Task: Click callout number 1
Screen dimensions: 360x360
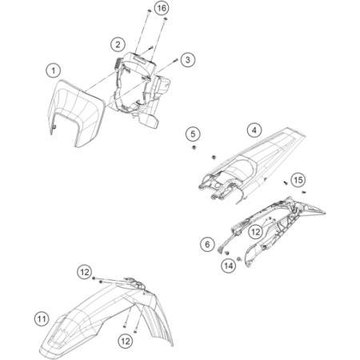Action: [54, 70]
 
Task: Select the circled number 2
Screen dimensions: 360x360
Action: [118, 44]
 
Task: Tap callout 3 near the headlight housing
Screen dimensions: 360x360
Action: [188, 60]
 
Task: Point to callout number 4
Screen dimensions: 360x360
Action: [254, 130]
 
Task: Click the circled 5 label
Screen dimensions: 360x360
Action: [193, 134]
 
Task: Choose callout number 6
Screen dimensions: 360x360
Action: [207, 244]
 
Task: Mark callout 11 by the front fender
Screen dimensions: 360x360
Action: [42, 319]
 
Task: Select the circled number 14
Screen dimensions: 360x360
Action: [229, 266]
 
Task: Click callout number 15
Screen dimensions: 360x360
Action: [298, 180]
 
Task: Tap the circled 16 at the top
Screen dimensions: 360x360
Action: [162, 8]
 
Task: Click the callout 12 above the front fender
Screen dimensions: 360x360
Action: [85, 272]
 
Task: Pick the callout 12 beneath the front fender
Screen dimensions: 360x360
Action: [126, 341]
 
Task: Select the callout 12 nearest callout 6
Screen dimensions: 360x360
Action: [255, 232]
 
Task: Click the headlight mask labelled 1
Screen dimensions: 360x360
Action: [76, 114]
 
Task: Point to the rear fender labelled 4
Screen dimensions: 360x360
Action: [252, 166]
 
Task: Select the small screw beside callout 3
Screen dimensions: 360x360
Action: [176, 60]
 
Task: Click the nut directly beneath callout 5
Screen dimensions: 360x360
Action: [194, 147]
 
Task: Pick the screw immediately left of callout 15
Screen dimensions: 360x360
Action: [286, 182]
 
